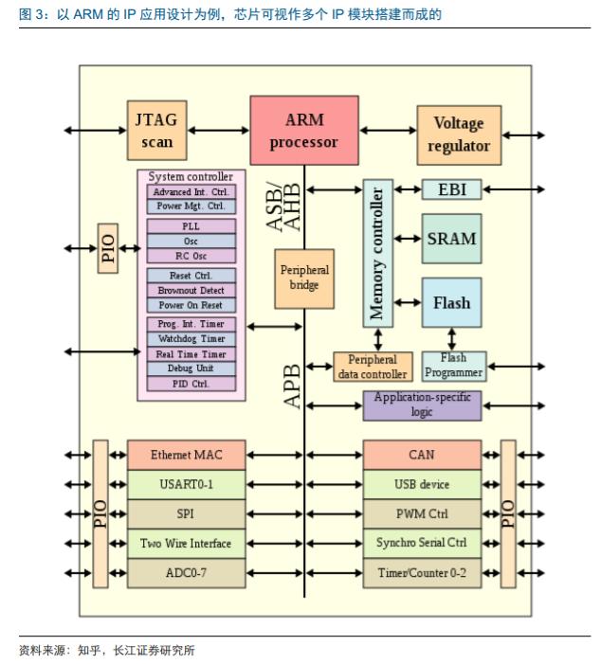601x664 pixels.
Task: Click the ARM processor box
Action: point(304,131)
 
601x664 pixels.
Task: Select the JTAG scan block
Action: point(156,131)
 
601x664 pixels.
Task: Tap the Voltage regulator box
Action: point(459,135)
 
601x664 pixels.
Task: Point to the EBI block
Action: point(452,189)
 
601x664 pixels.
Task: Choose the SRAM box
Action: point(452,239)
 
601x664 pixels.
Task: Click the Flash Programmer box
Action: point(454,366)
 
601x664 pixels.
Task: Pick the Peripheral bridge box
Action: point(304,278)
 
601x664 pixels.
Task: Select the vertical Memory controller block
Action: point(378,253)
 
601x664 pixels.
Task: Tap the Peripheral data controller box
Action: point(373,367)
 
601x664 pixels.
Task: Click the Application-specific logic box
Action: point(422,405)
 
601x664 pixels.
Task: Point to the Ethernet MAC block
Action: point(187,455)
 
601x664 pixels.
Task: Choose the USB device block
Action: point(422,484)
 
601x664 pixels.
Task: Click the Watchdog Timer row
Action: point(191,339)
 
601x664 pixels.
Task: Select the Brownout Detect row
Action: point(191,291)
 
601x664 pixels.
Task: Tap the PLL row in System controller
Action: point(191,226)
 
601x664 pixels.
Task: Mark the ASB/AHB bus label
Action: point(283,206)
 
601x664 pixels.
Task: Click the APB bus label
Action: point(292,386)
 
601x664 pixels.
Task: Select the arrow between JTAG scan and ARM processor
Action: point(218,131)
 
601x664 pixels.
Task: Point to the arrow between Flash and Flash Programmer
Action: point(452,339)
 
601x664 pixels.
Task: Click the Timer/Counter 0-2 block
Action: point(422,573)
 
